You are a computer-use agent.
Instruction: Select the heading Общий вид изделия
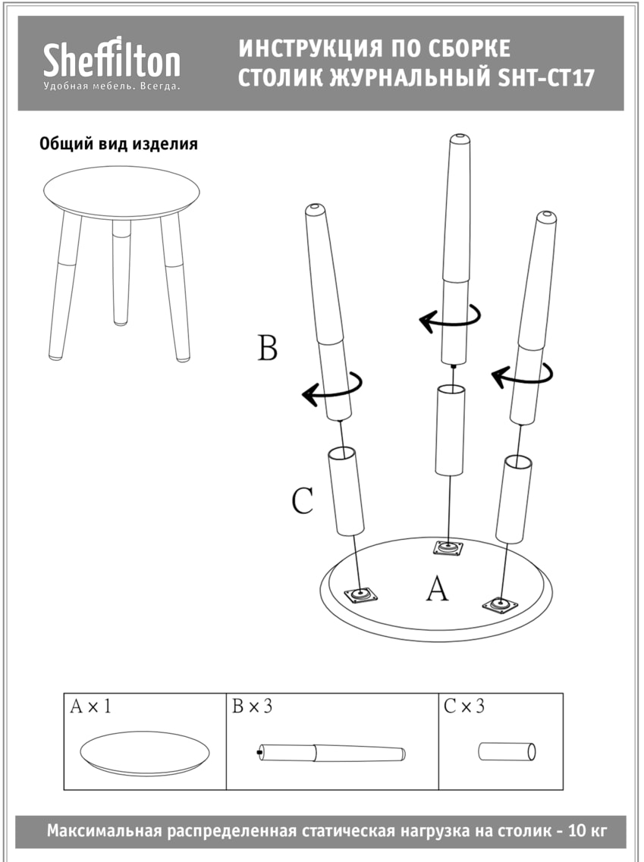point(118,144)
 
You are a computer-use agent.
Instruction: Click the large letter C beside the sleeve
point(303,500)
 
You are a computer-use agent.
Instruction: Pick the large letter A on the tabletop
point(437,588)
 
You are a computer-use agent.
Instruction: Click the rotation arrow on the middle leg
point(450,319)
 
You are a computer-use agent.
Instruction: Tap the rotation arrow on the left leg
point(332,388)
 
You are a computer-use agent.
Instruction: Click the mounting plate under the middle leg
point(448,547)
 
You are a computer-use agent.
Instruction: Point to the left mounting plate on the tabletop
point(360,595)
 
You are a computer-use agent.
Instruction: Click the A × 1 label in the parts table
point(90,707)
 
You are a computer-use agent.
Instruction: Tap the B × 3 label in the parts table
point(252,707)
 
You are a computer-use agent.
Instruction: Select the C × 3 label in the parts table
point(464,707)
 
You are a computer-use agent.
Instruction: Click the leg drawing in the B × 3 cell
point(331,753)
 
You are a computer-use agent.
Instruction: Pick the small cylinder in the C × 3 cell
point(507,752)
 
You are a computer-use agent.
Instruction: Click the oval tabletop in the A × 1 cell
point(145,753)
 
